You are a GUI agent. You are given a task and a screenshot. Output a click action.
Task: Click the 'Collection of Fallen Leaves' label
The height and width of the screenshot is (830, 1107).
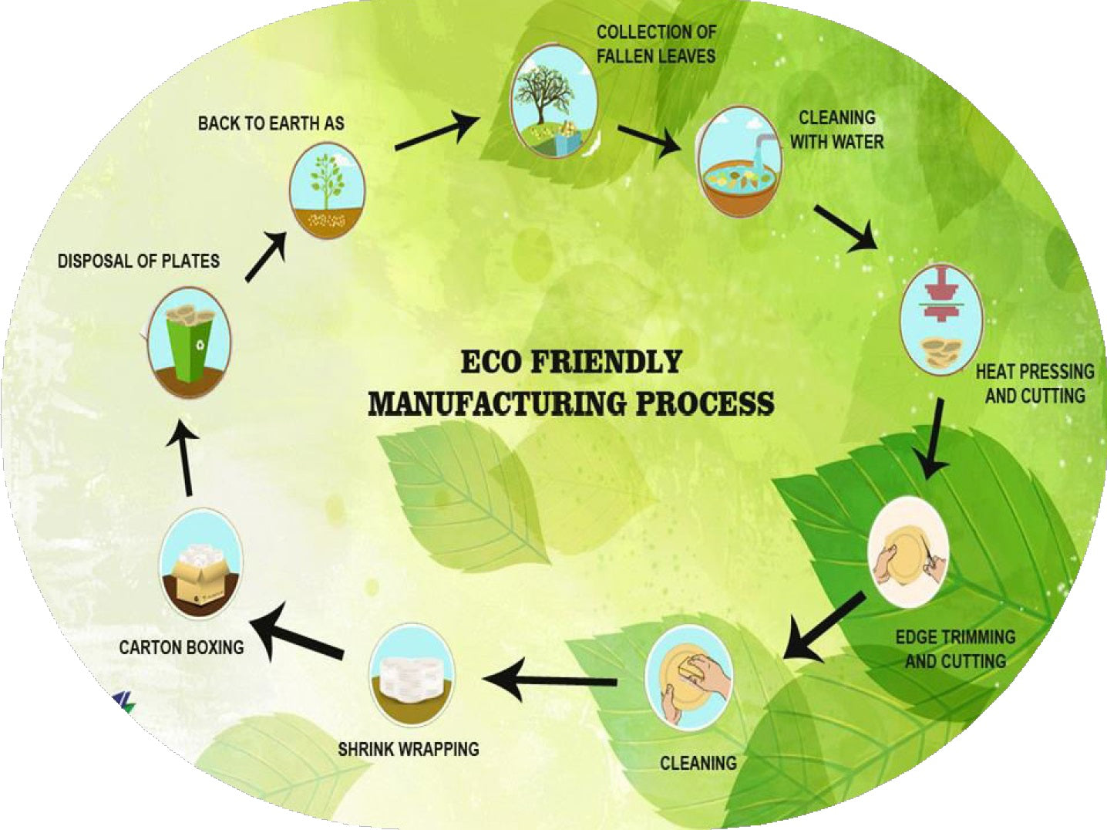(x=656, y=44)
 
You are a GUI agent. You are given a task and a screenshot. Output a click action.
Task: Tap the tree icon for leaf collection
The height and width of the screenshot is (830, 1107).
(x=554, y=101)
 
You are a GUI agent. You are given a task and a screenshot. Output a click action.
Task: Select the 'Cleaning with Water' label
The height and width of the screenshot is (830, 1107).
(x=836, y=130)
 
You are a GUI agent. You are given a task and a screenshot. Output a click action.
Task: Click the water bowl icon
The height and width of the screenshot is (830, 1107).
(x=739, y=163)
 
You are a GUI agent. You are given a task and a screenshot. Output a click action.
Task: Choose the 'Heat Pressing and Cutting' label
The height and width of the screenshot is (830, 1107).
(x=1035, y=383)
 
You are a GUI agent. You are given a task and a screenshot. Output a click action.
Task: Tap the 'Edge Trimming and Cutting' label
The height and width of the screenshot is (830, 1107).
(x=955, y=649)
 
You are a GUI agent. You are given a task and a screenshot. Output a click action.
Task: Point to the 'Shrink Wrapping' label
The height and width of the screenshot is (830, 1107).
(x=409, y=749)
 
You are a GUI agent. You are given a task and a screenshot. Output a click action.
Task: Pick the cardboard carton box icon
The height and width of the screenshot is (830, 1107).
(x=200, y=564)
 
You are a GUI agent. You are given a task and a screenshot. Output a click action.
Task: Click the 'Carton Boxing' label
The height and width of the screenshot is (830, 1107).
(x=181, y=647)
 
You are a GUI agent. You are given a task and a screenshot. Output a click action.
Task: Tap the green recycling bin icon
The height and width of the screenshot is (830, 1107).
(x=190, y=342)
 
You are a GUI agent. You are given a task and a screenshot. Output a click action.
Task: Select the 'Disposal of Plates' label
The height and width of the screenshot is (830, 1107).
(x=139, y=261)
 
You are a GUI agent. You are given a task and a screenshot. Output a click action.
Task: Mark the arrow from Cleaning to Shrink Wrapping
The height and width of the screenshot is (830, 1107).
(x=550, y=680)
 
